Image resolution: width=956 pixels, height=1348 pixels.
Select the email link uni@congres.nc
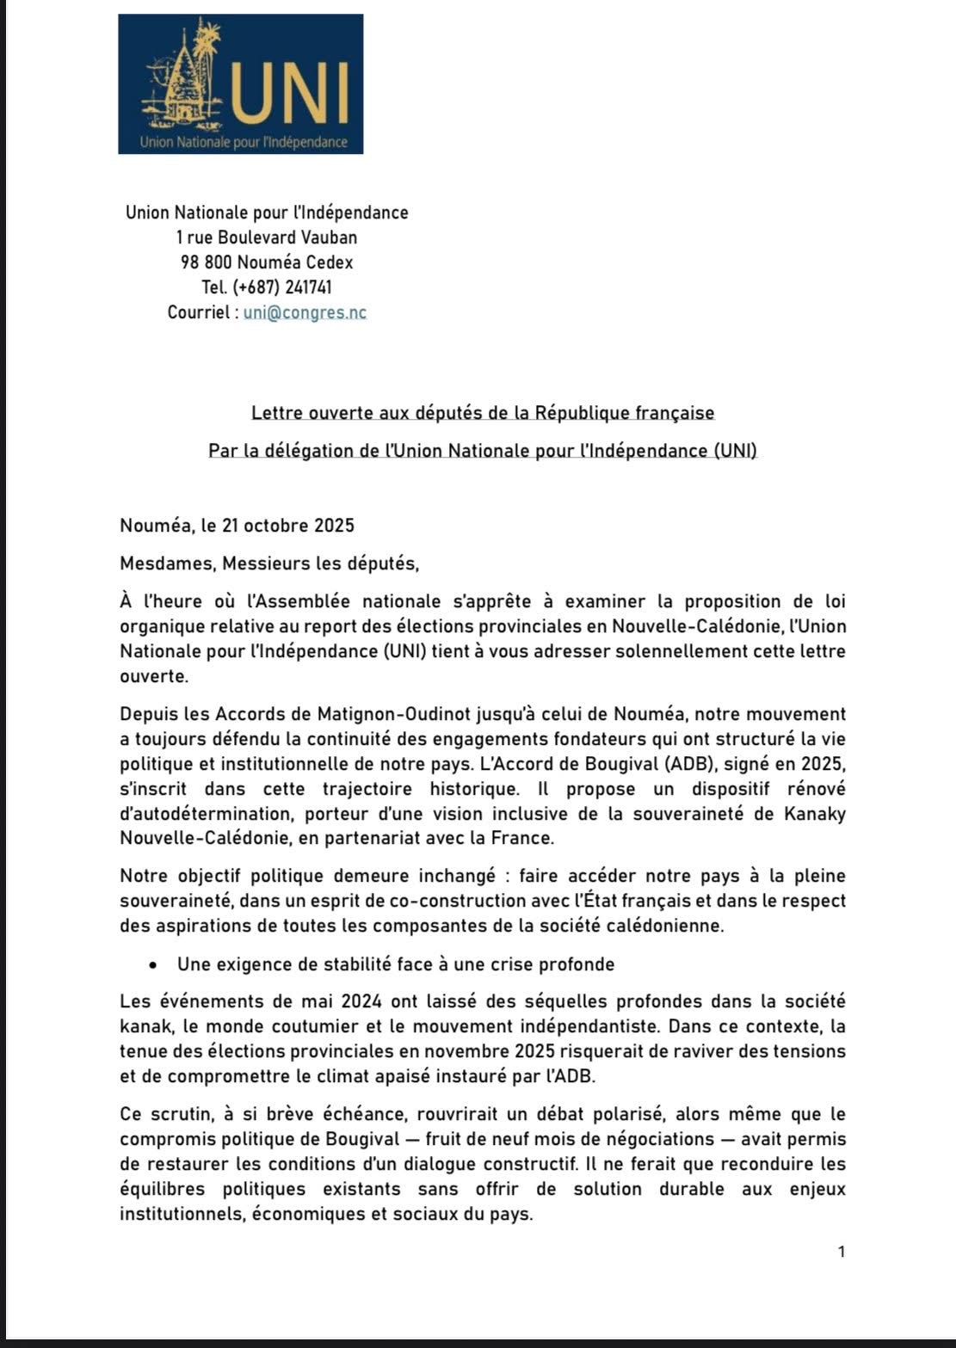(x=305, y=312)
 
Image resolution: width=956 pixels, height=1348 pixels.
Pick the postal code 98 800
(x=206, y=262)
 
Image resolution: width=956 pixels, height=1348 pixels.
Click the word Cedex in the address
(x=330, y=262)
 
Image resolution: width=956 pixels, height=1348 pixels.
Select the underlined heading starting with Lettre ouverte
(x=483, y=413)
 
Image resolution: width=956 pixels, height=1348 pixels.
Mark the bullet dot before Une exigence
(x=151, y=965)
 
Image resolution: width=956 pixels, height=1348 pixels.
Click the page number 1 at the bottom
(x=842, y=1252)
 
